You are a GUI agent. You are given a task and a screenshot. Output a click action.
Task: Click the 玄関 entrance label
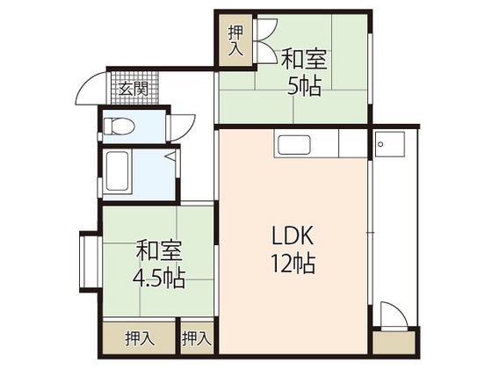pyautogui.click(x=134, y=89)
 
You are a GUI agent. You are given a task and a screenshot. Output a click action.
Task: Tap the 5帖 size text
pyautogui.click(x=304, y=86)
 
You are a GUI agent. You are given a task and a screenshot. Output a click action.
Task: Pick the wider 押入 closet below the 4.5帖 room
pyautogui.click(x=139, y=337)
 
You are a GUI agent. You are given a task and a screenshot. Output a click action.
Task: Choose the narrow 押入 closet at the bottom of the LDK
pyautogui.click(x=197, y=337)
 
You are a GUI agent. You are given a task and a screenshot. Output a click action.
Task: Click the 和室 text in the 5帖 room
pyautogui.click(x=304, y=61)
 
